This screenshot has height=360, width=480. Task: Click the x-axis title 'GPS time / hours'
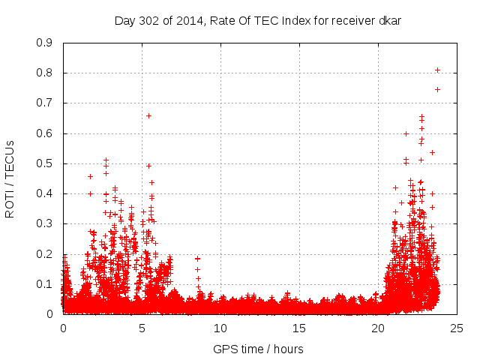(x=259, y=349)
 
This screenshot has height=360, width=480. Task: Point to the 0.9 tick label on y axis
(x=44, y=43)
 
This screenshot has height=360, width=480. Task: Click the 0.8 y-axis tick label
(x=44, y=73)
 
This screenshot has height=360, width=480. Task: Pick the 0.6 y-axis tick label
(x=44, y=133)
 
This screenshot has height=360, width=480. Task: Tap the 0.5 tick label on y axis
(x=44, y=163)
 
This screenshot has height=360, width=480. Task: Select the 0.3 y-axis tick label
(x=44, y=223)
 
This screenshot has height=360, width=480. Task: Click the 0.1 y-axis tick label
(x=44, y=284)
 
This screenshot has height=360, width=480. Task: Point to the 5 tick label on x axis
(x=142, y=328)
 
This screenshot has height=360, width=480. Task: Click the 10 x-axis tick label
(x=220, y=328)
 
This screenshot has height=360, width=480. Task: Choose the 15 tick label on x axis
(x=299, y=328)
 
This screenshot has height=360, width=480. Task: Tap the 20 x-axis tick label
(x=378, y=328)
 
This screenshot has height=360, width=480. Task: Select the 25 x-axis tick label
(x=457, y=328)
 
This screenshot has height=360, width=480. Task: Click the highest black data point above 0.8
(x=437, y=70)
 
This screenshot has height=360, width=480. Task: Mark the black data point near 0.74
(x=437, y=90)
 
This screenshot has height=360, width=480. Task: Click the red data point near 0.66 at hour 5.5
(x=148, y=115)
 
